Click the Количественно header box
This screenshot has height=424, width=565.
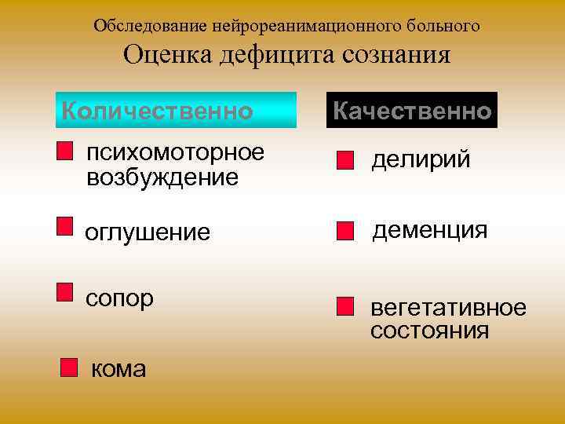coord(178,111)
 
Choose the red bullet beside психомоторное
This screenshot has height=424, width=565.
coord(65,151)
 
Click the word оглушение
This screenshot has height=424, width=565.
coord(148,232)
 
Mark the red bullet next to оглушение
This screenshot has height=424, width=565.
coord(65,227)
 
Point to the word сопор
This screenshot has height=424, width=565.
coord(119,298)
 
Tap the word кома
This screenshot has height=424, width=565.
coord(118,368)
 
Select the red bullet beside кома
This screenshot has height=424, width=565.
coord(70,368)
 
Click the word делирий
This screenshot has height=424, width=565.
coord(421,160)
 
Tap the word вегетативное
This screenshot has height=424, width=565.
coord(448,307)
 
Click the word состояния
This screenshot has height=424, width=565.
coord(430,331)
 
